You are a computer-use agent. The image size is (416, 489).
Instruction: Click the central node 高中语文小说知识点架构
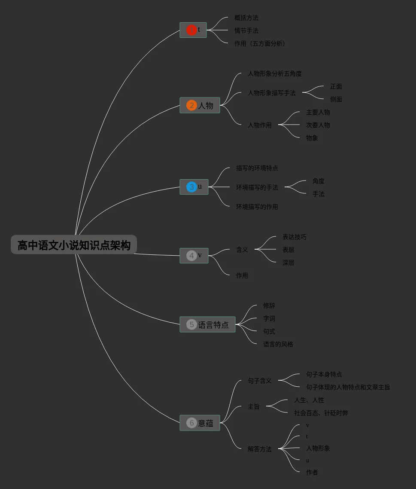74,245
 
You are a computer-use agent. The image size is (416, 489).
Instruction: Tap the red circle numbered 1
191,30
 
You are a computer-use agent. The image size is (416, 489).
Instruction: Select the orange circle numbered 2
191,105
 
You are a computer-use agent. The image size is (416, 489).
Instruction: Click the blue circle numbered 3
191,187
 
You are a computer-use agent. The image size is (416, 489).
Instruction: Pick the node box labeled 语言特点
207,324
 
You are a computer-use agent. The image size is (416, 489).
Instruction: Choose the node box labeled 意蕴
200,423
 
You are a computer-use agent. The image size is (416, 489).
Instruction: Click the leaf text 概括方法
246,18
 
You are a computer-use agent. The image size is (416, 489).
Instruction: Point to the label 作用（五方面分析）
260,43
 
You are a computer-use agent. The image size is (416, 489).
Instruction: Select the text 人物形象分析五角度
275,74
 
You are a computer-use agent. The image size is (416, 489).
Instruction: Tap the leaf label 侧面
336,99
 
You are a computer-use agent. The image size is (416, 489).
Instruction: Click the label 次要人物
318,125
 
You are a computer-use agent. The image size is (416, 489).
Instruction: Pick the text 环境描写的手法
257,187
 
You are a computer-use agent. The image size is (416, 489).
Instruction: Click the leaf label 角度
319,181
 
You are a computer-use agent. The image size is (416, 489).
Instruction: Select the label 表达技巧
295,237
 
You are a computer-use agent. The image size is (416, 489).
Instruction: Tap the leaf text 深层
288,263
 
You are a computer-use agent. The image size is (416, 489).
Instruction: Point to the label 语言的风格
278,344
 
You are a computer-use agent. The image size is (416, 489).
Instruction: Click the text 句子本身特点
324,374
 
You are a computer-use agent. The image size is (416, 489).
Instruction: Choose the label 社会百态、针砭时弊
321,413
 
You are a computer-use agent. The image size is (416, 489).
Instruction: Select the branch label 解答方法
260,449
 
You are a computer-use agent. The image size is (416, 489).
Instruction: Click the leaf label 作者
312,472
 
